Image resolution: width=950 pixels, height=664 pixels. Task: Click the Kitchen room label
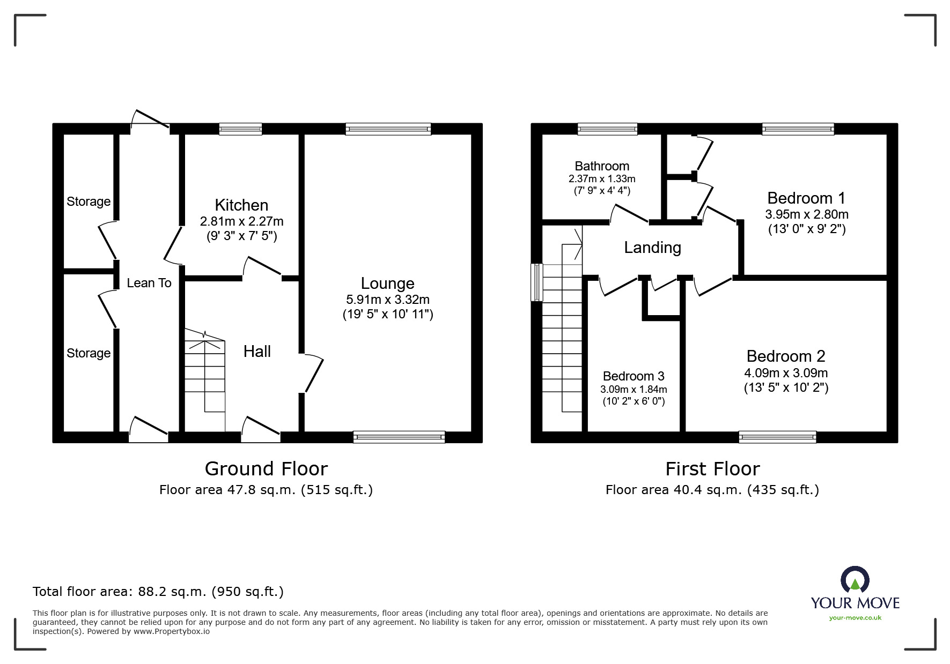(x=241, y=205)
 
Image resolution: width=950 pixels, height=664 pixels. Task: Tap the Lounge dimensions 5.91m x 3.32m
(x=388, y=300)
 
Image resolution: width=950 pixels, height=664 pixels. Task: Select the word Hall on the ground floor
(x=257, y=352)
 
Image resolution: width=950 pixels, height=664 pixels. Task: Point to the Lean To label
(x=149, y=283)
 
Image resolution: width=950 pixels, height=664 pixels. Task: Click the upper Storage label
(x=89, y=202)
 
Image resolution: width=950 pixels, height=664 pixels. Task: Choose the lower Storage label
(x=89, y=353)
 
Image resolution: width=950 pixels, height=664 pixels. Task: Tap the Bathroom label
(x=602, y=166)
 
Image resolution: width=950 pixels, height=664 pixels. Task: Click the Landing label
(x=652, y=248)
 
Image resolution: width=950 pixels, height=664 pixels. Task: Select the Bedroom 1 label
(x=806, y=198)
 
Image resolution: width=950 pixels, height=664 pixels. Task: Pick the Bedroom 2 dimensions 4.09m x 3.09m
(x=786, y=373)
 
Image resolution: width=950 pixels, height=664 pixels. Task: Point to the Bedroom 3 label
(x=634, y=376)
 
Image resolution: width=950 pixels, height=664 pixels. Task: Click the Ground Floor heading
(x=266, y=469)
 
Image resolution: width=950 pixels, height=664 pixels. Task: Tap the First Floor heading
(x=712, y=469)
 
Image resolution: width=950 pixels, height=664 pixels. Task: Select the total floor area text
(x=158, y=592)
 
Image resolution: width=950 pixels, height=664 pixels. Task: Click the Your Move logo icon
(x=855, y=580)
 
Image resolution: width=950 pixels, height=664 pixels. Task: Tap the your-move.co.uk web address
(x=855, y=618)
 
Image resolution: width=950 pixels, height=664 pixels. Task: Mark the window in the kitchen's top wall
(x=241, y=129)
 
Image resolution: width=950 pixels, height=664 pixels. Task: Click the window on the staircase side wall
(x=537, y=282)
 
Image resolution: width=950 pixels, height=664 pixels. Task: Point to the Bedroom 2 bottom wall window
(x=777, y=437)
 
